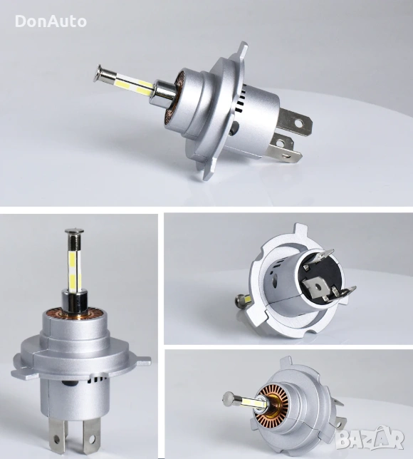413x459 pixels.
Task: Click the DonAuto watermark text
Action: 51,21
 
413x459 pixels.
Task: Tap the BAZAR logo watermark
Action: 370,438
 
